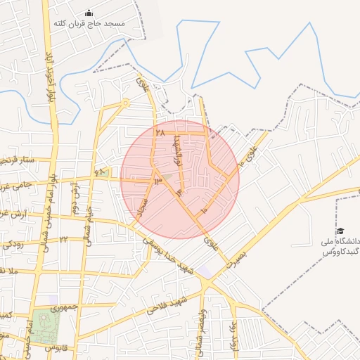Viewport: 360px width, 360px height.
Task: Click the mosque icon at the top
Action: coord(89,13)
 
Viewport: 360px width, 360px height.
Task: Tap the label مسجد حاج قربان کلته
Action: coord(89,24)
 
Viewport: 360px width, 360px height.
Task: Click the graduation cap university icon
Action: coord(340,231)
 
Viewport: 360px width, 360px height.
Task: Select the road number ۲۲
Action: coord(63,239)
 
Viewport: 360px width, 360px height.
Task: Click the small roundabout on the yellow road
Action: coord(126,103)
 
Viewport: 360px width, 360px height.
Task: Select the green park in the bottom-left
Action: coord(44,325)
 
